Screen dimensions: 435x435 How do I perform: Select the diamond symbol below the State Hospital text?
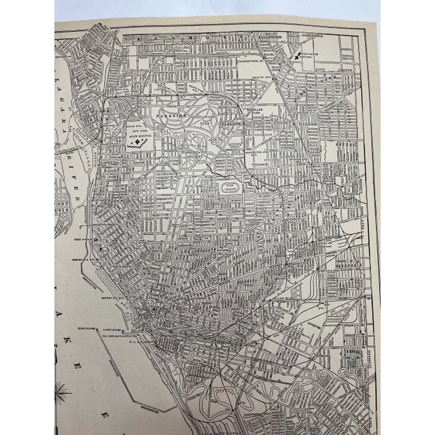(x=143, y=142)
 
